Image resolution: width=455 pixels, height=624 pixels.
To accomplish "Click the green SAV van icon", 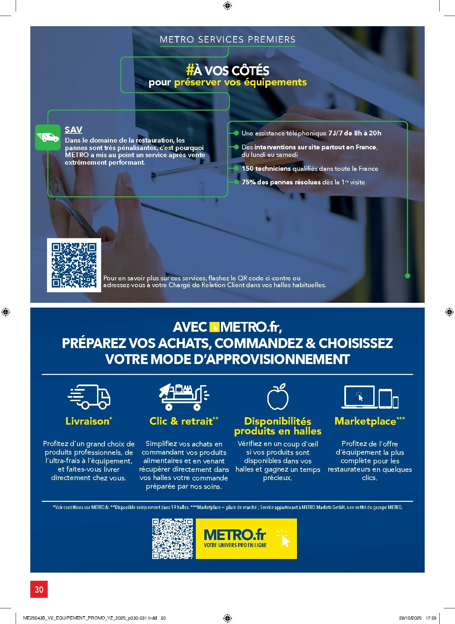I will [x=48, y=137].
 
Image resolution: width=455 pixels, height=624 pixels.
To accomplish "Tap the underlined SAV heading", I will [x=73, y=130].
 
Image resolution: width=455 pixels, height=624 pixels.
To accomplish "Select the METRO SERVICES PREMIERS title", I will [x=227, y=39].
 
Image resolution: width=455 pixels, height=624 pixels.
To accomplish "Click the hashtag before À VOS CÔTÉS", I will [x=190, y=70].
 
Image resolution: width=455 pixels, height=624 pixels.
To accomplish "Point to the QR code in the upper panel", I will [x=74, y=265].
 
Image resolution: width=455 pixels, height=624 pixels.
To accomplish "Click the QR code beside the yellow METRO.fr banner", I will [x=172, y=539].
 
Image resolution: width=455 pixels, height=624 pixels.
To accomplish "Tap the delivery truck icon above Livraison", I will [x=89, y=397].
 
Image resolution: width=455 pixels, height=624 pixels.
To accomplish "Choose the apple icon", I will [x=278, y=397].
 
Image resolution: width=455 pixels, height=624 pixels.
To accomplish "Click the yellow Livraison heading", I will [x=88, y=421].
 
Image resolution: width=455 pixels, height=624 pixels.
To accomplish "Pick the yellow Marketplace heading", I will [x=365, y=421].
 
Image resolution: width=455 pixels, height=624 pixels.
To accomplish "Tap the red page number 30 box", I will [x=39, y=589].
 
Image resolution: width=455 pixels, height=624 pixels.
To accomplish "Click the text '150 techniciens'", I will [x=266, y=168].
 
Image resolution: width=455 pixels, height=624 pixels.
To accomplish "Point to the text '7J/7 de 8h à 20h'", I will [x=355, y=133].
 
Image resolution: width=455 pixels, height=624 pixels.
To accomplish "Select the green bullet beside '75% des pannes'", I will [x=236, y=182].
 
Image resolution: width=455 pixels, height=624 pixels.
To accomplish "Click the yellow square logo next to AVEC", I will [x=214, y=327].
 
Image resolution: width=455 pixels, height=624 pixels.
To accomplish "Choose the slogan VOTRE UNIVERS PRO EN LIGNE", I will [x=235, y=545].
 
